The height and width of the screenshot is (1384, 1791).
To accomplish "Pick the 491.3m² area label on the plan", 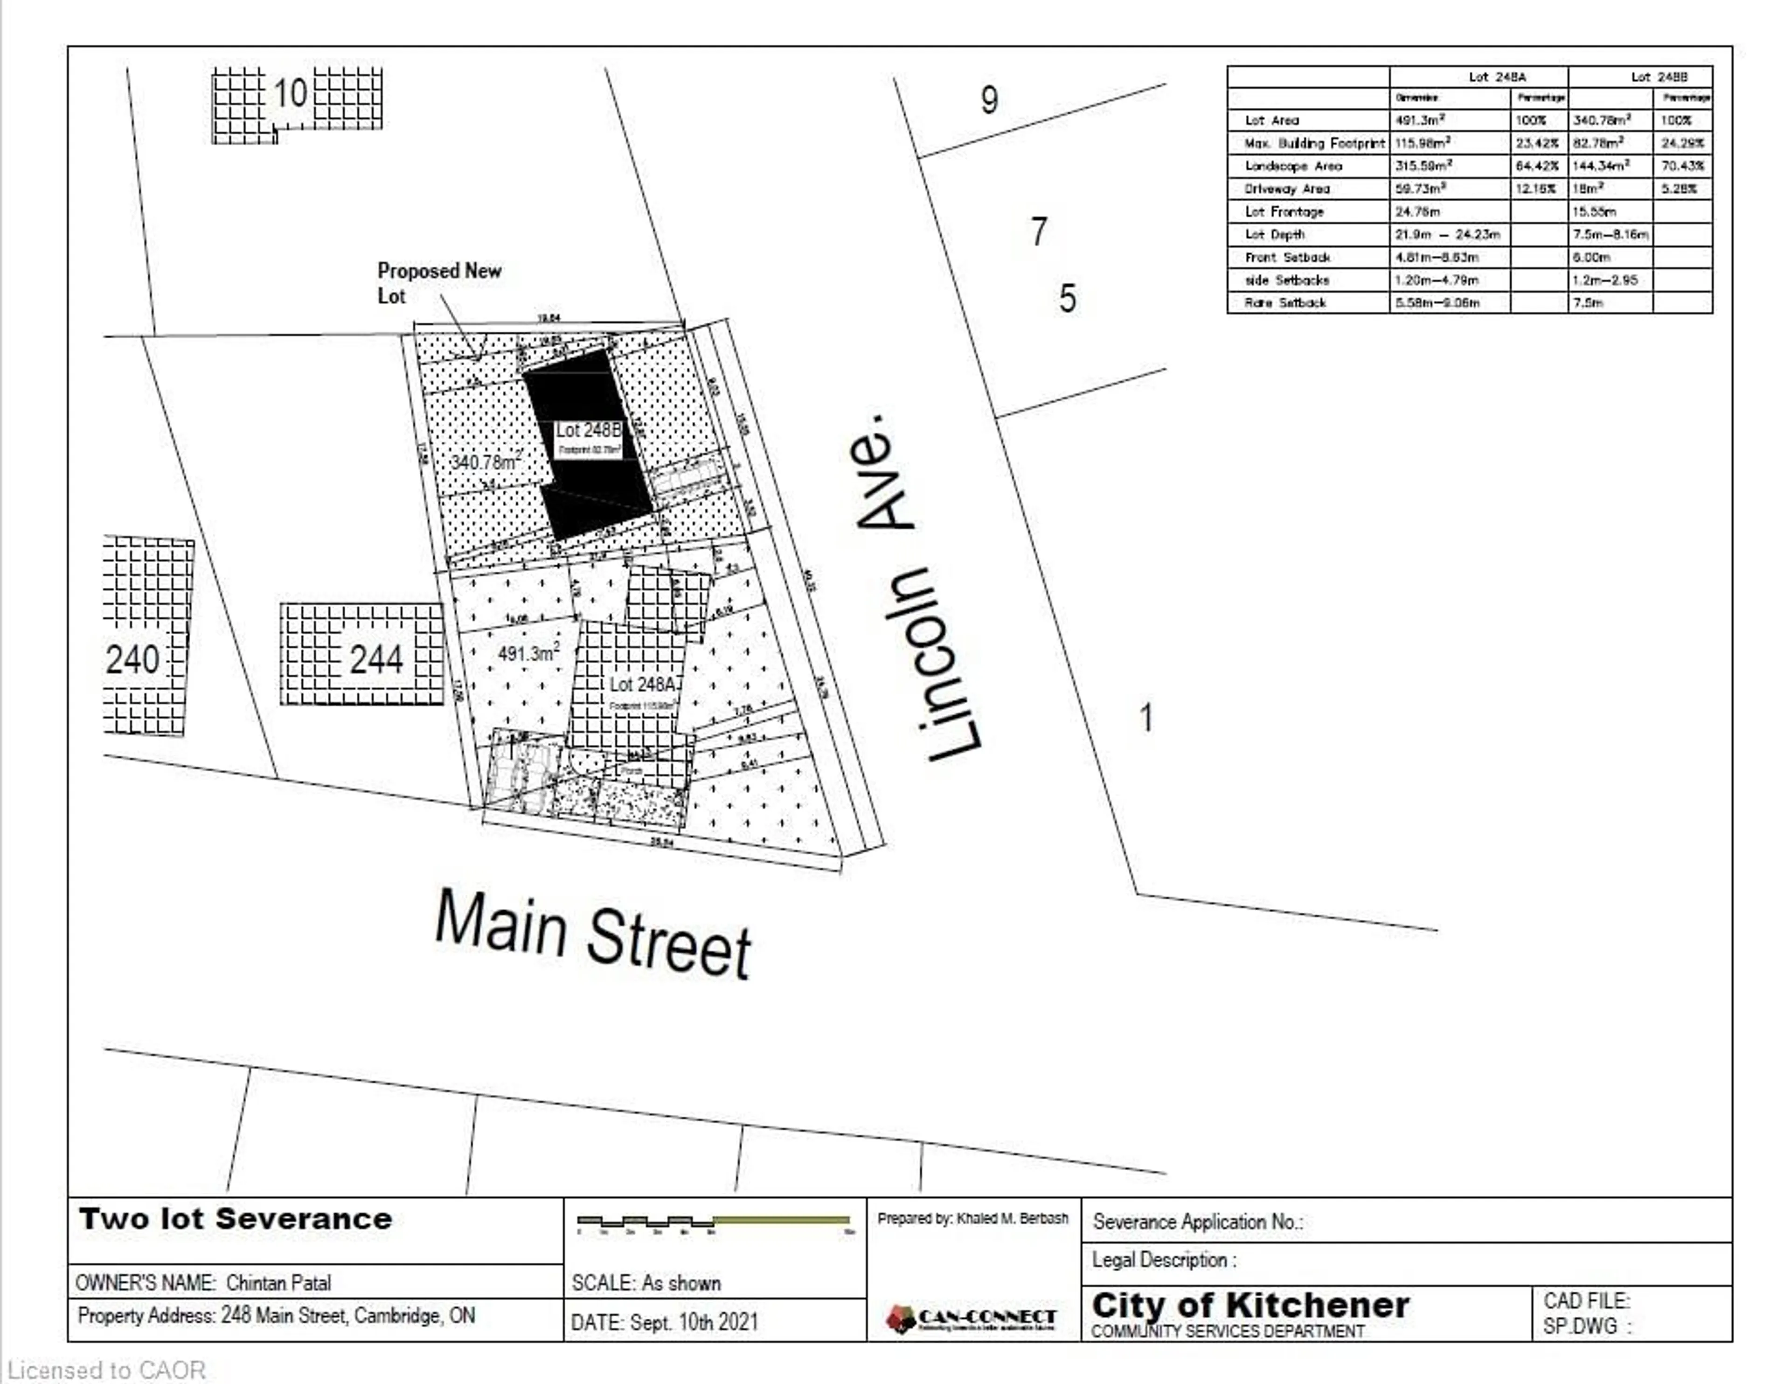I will tap(528, 654).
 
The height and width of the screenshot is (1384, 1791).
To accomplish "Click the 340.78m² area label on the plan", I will tap(486, 462).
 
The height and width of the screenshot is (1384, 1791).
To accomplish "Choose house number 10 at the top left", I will tap(290, 93).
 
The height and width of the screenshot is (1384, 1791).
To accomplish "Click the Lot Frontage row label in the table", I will tap(1284, 212).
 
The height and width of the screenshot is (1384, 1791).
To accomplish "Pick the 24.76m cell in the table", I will tap(1418, 212).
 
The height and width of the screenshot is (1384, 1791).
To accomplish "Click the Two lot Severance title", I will tap(236, 1219).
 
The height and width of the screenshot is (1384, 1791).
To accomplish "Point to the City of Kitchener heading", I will tap(1250, 1304).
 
